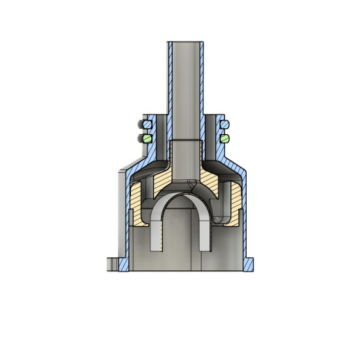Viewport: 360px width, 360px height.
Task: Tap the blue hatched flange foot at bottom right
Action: click(x=249, y=263)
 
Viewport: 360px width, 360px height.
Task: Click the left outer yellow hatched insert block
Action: click(x=137, y=203)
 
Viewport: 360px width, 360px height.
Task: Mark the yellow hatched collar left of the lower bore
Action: click(x=164, y=177)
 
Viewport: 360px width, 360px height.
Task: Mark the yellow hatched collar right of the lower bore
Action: click(x=209, y=177)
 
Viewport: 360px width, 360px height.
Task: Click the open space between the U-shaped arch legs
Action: click(x=182, y=229)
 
